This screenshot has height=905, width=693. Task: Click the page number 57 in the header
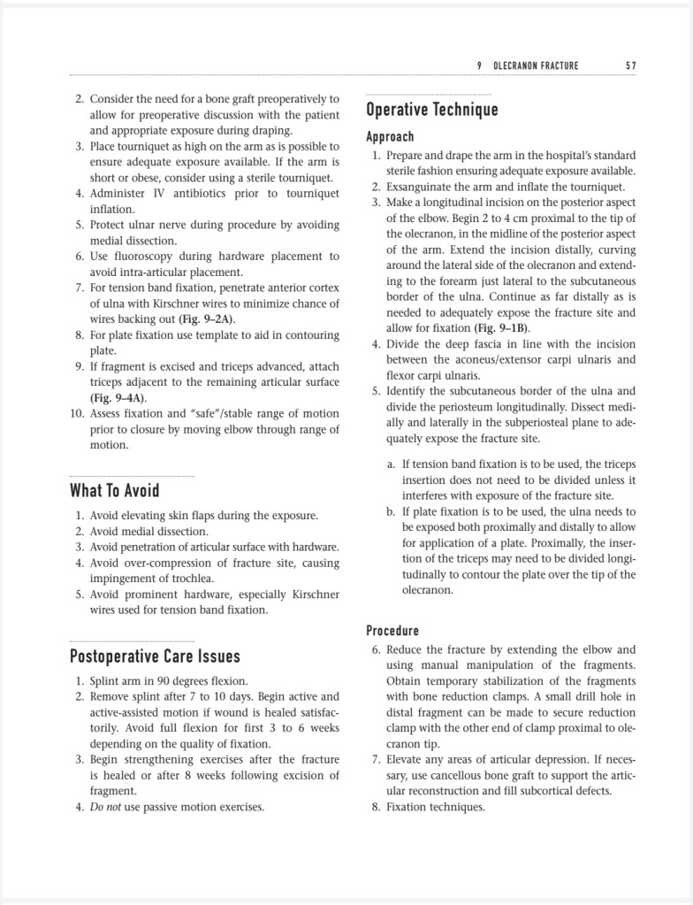pyautogui.click(x=630, y=65)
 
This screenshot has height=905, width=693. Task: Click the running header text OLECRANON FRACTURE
pyautogui.click(x=536, y=65)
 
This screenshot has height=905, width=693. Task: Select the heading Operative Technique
pyautogui.click(x=432, y=110)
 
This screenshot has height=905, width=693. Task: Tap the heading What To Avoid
pyautogui.click(x=115, y=490)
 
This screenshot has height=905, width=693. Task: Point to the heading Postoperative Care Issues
pyautogui.click(x=155, y=656)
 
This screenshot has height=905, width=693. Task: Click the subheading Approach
pyautogui.click(x=390, y=136)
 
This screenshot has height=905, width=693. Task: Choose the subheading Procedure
pyautogui.click(x=392, y=631)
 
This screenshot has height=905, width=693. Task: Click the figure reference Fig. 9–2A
pyautogui.click(x=207, y=319)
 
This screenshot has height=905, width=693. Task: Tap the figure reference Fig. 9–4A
pyautogui.click(x=118, y=398)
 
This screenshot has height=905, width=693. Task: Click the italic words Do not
pyautogui.click(x=106, y=807)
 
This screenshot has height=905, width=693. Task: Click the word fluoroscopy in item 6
pyautogui.click(x=140, y=257)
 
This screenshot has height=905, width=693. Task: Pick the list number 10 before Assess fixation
pyautogui.click(x=77, y=413)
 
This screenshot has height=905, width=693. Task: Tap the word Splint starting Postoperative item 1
pyautogui.click(x=104, y=681)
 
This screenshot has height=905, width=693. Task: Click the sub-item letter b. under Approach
pyautogui.click(x=391, y=511)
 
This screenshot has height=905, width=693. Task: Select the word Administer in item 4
pyautogui.click(x=122, y=194)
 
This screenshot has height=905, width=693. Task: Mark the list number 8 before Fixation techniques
pyautogui.click(x=376, y=807)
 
